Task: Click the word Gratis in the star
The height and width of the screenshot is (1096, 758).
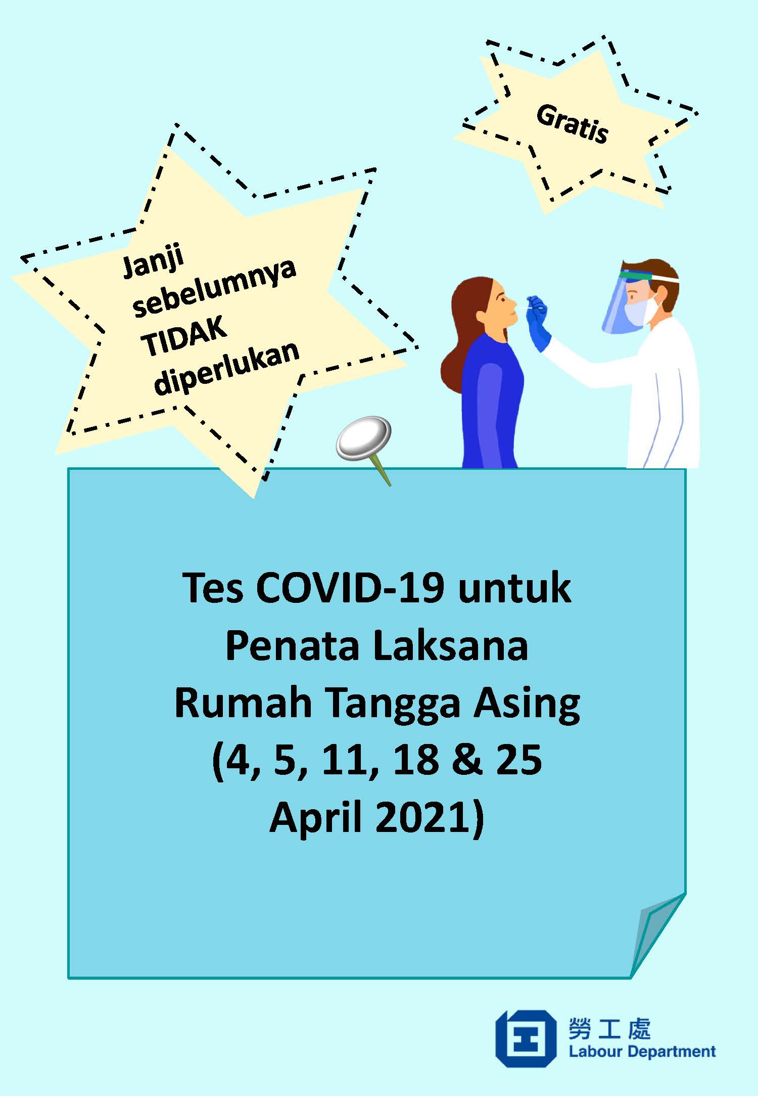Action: (x=572, y=124)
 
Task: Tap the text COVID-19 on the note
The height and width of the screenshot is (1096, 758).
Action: (x=350, y=588)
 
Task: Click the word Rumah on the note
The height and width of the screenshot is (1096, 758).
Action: (x=243, y=703)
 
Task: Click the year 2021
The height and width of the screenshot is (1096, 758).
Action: (x=424, y=818)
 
